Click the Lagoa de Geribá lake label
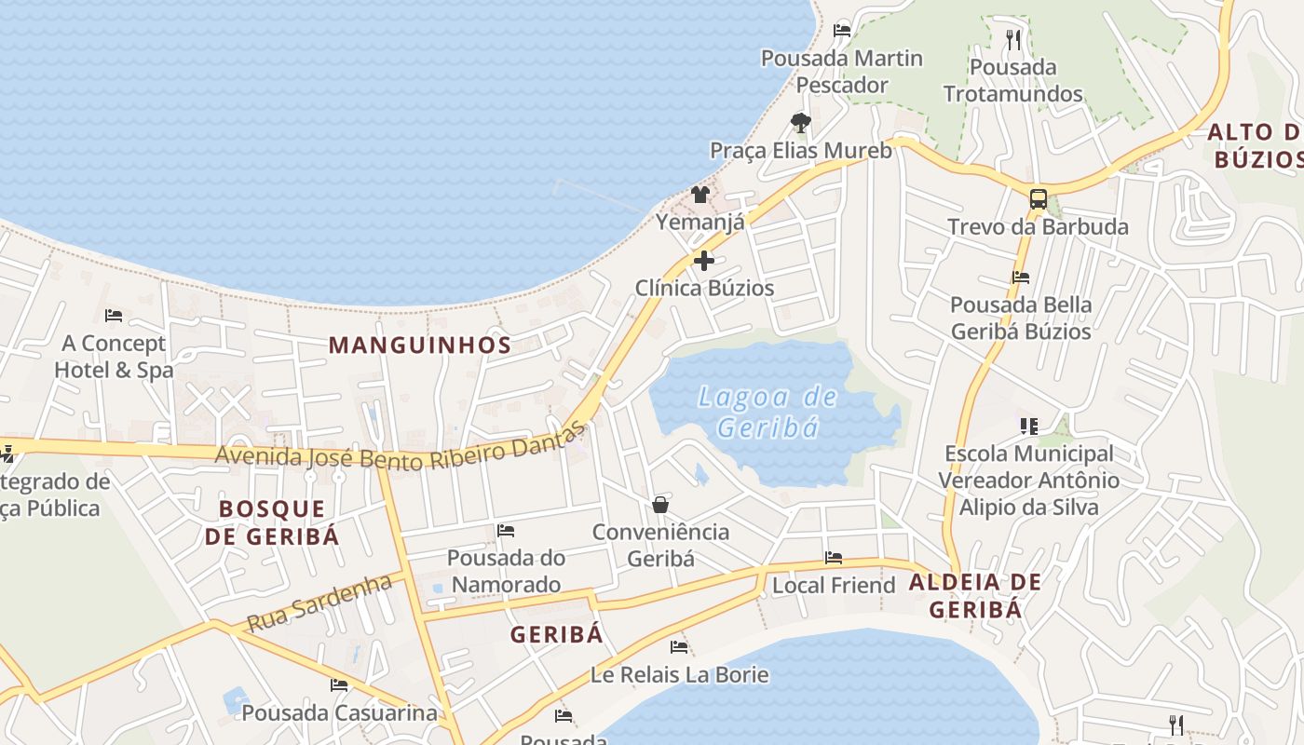pos(768,412)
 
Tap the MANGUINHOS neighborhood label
pos(420,345)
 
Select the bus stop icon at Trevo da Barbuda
pos(1038,198)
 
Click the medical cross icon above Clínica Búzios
pos(704,261)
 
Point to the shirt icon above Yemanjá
pos(700,195)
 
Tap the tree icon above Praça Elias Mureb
pos(800,122)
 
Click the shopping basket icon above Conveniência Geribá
pos(660,505)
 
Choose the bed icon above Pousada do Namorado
pos(506,531)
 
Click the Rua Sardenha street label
pos(319,602)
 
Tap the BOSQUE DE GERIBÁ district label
pos(272,522)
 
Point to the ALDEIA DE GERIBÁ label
pos(975,596)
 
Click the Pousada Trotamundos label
pos(1013,80)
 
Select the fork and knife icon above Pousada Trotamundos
pos(1013,39)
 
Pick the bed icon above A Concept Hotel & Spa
pos(114,316)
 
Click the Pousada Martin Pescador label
pos(842,71)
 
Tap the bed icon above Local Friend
pos(834,558)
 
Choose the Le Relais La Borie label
pos(680,674)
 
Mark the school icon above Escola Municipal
pos(1029,427)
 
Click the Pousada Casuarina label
pos(339,712)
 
